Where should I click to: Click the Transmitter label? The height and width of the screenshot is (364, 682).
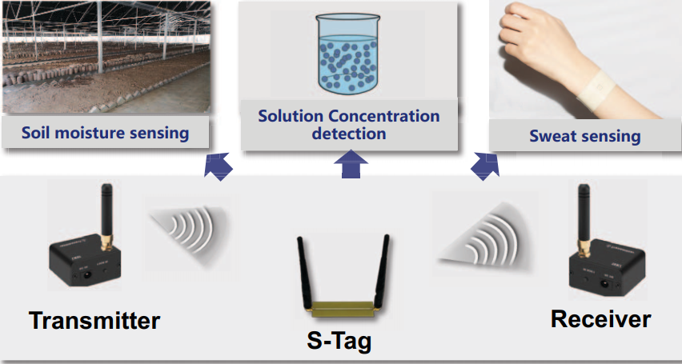tap(94, 321)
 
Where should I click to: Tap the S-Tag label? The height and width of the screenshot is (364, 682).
tap(340, 342)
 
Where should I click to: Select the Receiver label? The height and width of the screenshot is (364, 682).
tap(600, 319)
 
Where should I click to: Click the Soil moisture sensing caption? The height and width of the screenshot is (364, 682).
tap(105, 133)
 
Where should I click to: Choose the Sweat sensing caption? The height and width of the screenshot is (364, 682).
tap(585, 136)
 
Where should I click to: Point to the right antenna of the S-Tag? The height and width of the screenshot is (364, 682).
tap(383, 265)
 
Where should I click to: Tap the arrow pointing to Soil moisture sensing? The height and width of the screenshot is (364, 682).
tap(217, 166)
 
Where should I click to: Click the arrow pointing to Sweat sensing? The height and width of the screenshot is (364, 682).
tap(483, 165)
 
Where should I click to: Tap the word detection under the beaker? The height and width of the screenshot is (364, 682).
tap(349, 134)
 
